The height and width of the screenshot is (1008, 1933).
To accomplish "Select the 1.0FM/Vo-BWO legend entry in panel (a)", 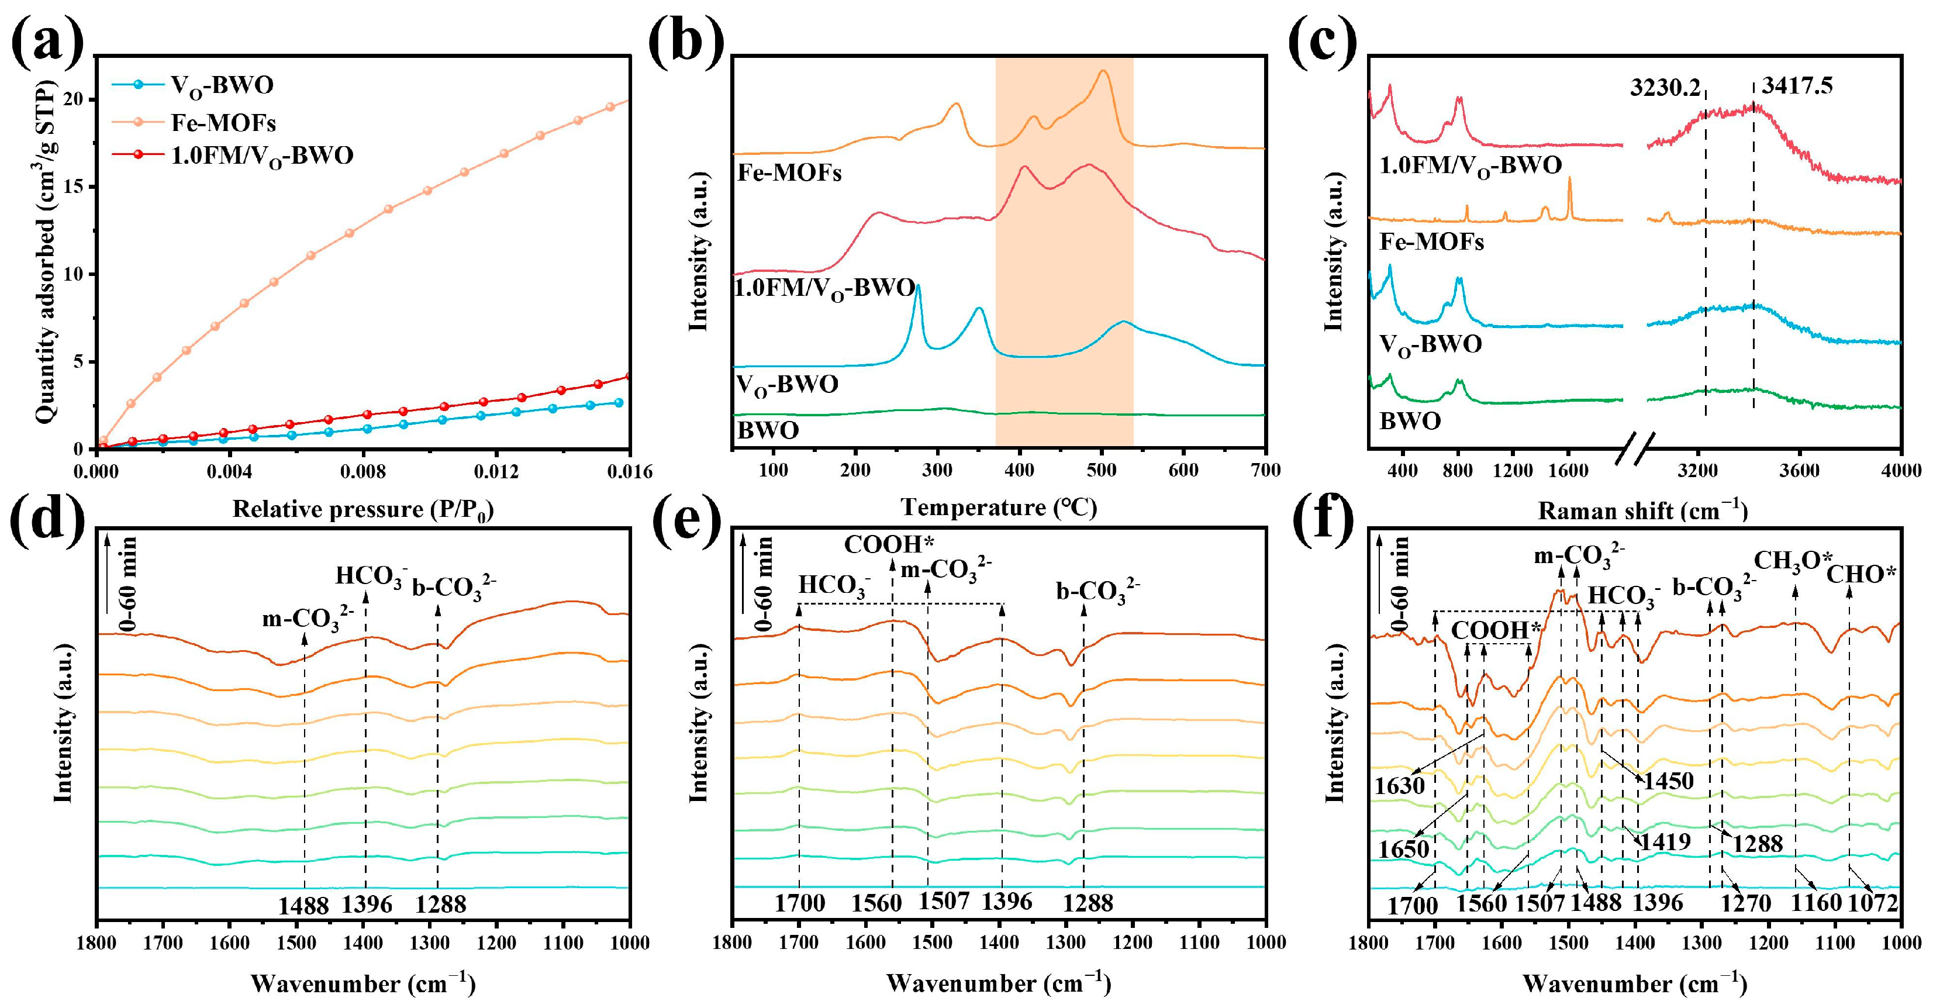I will pyautogui.click(x=262, y=156).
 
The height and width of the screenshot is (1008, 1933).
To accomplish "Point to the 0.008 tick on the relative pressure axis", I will pyautogui.click(x=363, y=471).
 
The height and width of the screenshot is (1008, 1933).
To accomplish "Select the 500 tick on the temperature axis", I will pyautogui.click(x=1102, y=470).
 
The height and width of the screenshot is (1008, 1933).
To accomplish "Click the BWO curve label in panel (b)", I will pyautogui.click(x=768, y=431).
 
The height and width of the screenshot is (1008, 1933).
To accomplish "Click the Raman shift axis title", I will pyautogui.click(x=1642, y=511).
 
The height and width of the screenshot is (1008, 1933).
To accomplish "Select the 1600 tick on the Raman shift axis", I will pyautogui.click(x=1568, y=471).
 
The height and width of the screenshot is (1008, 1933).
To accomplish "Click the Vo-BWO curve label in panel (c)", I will pyautogui.click(x=1430, y=344).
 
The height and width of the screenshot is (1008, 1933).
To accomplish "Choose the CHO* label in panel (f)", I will pyautogui.click(x=1861, y=575).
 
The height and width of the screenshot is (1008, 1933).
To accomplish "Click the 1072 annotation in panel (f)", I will pyautogui.click(x=1873, y=902).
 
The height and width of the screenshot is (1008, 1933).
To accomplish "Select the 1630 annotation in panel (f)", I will pyautogui.click(x=1400, y=786).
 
